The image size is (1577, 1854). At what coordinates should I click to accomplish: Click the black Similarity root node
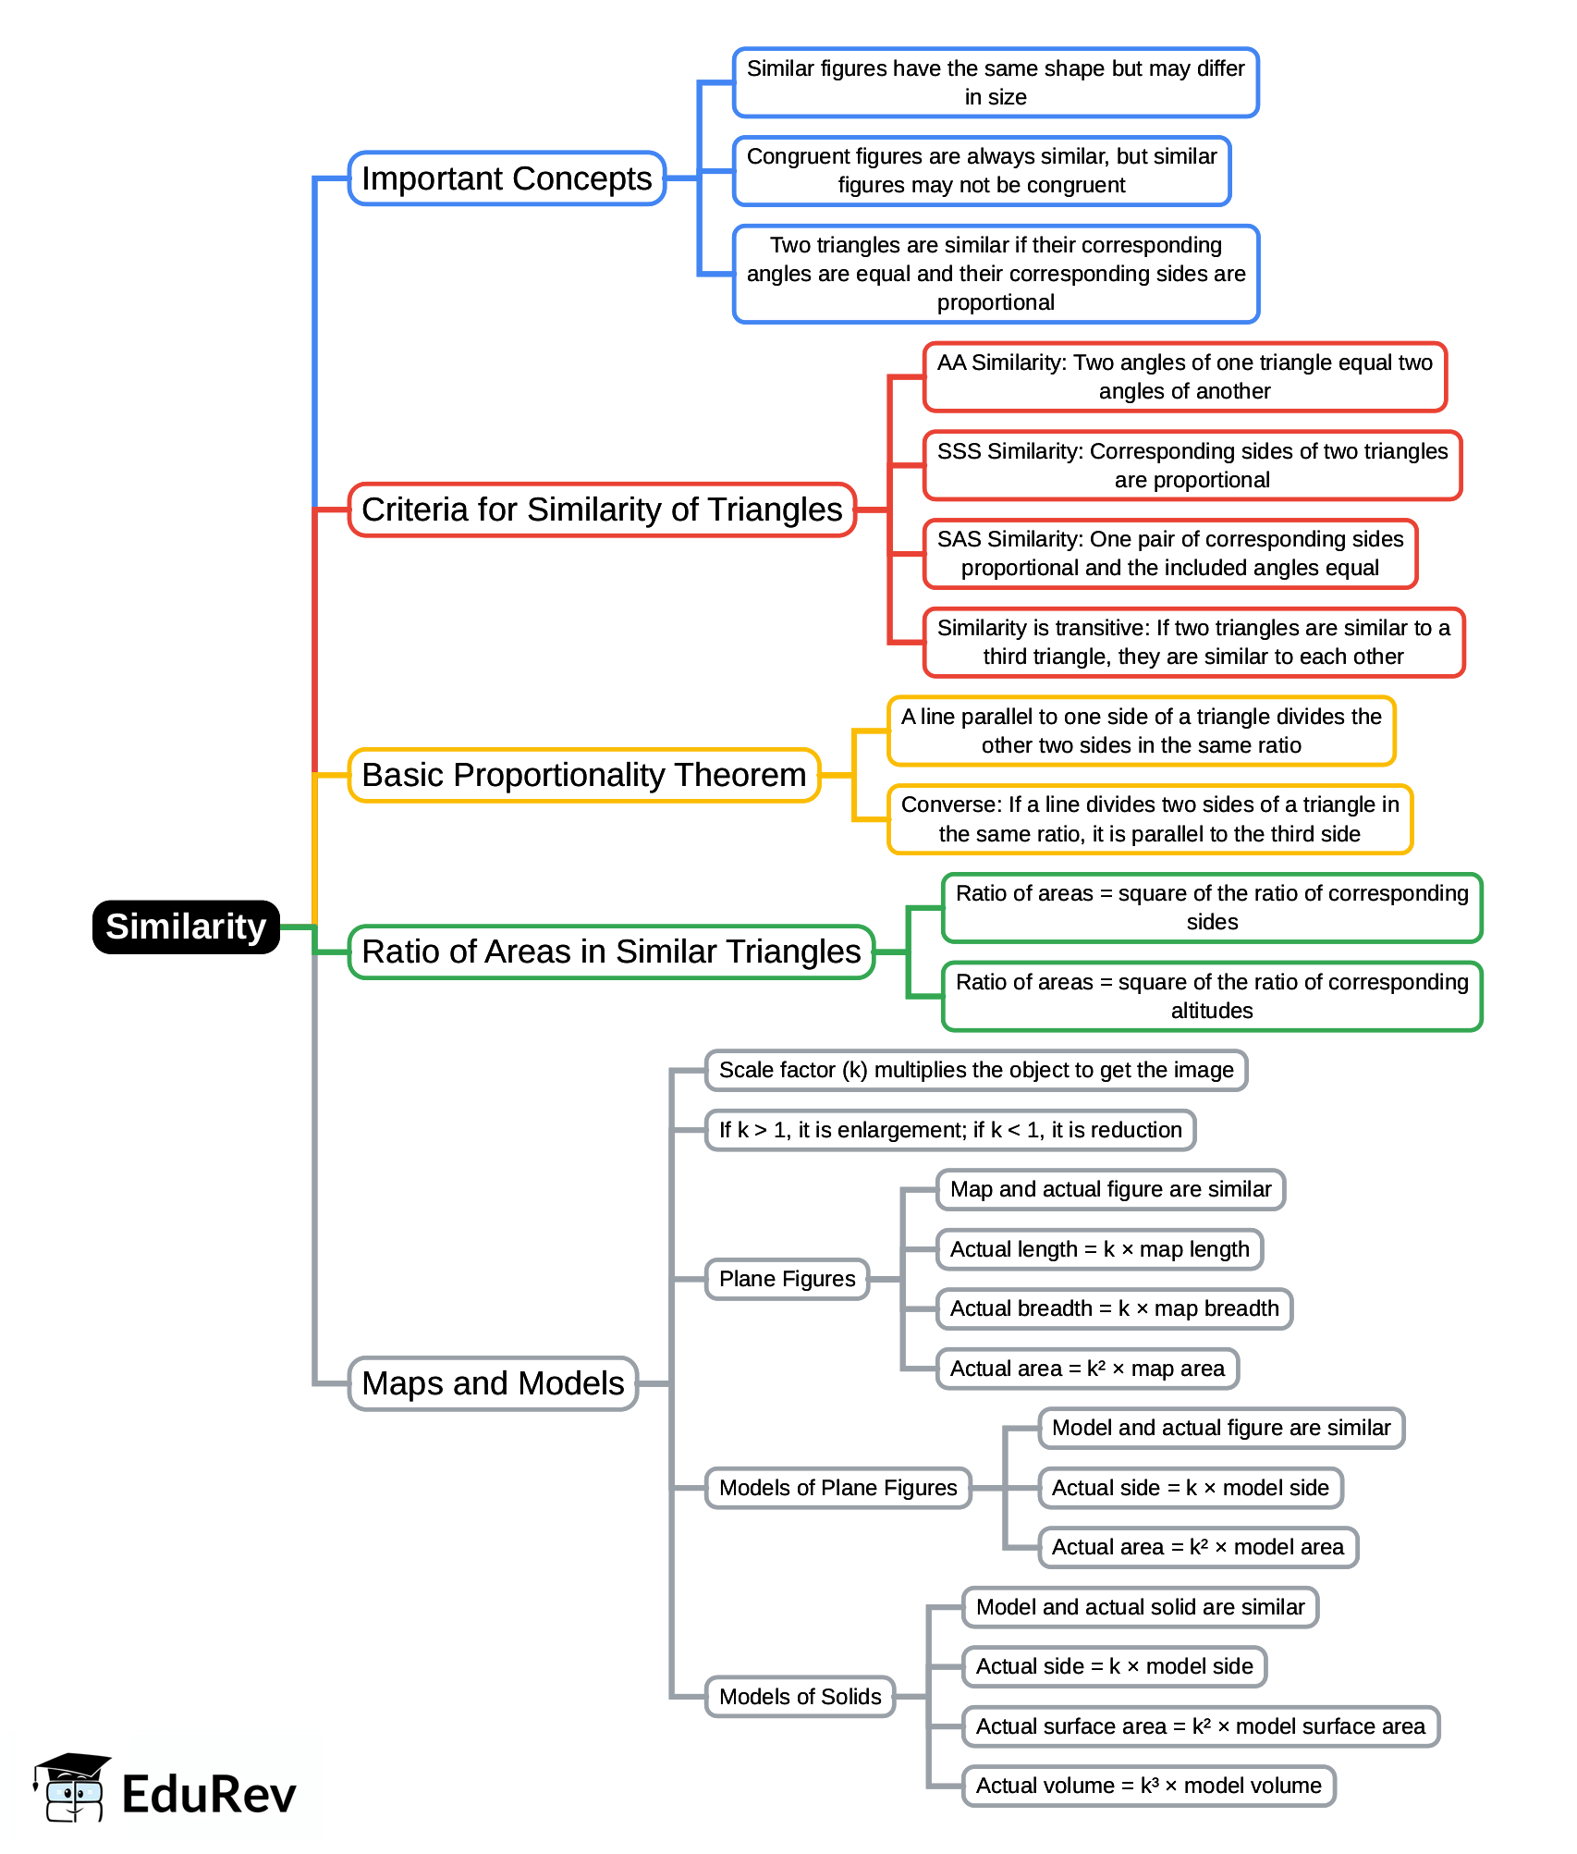tap(186, 927)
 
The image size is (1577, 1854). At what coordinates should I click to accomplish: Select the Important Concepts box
tap(507, 178)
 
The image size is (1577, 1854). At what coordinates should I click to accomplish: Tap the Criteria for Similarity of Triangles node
tap(602, 510)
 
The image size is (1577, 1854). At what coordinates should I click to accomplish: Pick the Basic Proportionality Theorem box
tap(583, 775)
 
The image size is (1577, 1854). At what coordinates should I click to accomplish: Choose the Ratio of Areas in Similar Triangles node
tap(611, 952)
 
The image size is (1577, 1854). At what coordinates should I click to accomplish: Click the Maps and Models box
tap(493, 1383)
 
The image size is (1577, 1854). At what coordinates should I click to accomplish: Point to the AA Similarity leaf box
tap(1184, 376)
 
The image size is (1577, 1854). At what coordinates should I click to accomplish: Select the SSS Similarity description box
tap(1192, 465)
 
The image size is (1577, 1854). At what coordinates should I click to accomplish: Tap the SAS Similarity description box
tap(1169, 553)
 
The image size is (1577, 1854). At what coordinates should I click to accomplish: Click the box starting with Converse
tap(1150, 819)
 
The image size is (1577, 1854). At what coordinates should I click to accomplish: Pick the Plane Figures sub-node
tap(787, 1279)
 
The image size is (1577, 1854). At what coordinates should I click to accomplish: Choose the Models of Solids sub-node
tap(800, 1697)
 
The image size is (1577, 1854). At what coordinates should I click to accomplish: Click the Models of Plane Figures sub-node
tap(837, 1488)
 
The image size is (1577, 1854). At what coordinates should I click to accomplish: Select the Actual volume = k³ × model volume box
tap(1148, 1786)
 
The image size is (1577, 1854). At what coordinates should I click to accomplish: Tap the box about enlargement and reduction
tap(950, 1130)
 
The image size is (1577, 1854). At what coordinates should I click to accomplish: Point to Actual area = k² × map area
tap(1087, 1369)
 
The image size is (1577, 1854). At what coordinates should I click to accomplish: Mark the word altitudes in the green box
tap(1211, 1011)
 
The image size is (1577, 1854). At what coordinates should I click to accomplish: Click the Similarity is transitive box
tap(1193, 642)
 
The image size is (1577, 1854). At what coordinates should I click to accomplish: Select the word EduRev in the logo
tap(209, 1795)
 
